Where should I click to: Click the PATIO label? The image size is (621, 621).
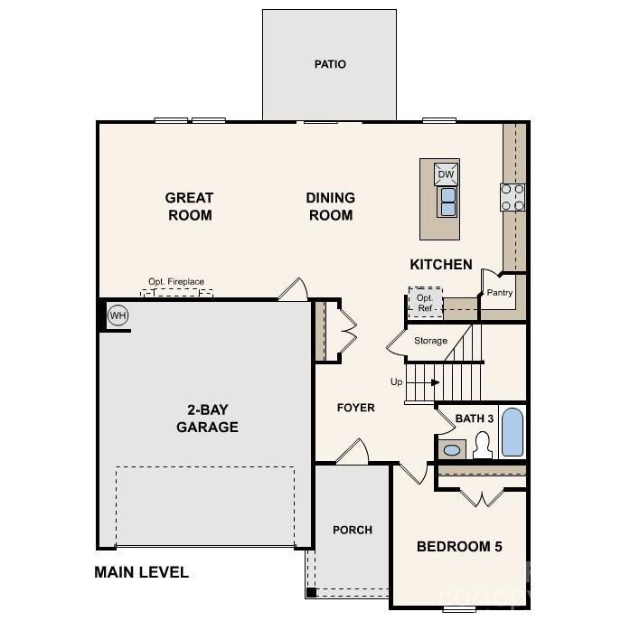[330, 64]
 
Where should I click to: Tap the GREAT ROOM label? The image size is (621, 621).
[189, 206]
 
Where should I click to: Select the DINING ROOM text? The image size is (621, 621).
[330, 206]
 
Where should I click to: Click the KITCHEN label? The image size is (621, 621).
[441, 264]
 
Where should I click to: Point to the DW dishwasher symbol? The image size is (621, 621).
[447, 174]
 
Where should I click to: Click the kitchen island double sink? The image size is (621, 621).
[447, 202]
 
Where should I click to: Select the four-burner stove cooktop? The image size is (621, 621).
[513, 197]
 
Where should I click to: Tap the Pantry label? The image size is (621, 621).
[500, 292]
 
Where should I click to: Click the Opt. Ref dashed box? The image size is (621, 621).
[424, 302]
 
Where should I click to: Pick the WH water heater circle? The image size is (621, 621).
[117, 315]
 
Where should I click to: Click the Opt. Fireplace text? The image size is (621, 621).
[177, 282]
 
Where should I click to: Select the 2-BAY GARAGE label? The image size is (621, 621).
[207, 419]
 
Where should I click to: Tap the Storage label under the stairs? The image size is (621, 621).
[430, 341]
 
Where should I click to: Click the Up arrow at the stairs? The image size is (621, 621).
[433, 382]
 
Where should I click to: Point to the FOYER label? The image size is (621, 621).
[355, 408]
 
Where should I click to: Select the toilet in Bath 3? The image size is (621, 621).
[483, 445]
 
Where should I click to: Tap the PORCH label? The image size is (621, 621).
[352, 530]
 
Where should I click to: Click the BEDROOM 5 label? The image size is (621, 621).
[459, 546]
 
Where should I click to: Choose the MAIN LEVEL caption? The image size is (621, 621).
[142, 571]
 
